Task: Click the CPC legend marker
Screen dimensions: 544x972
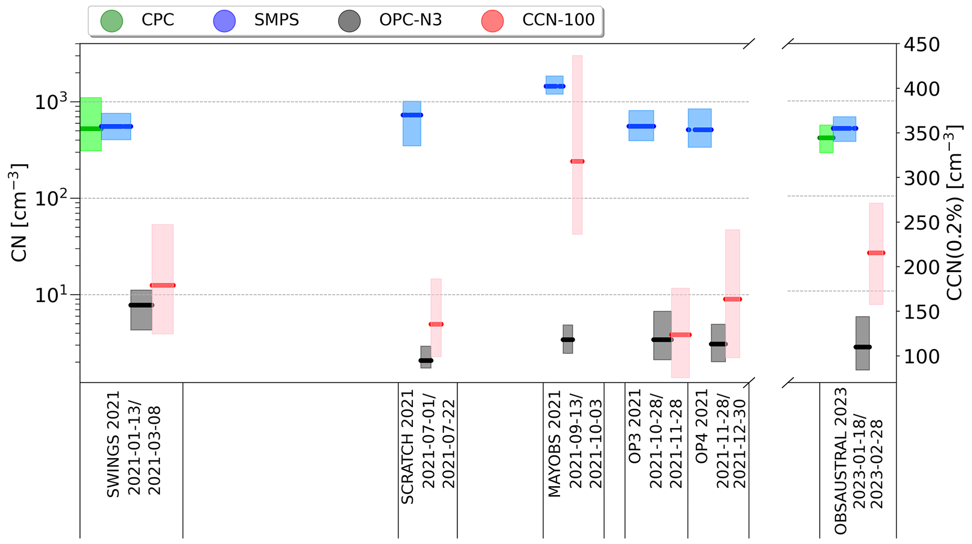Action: [x=111, y=21]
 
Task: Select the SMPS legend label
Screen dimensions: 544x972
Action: [x=276, y=20]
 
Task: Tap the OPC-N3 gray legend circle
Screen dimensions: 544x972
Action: [x=349, y=21]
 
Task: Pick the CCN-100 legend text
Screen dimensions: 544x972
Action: [x=558, y=20]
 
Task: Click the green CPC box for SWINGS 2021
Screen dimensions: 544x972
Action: [x=91, y=113]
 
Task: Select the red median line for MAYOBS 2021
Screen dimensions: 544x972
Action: [x=577, y=162]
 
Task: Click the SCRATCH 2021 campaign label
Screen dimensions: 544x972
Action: [x=407, y=447]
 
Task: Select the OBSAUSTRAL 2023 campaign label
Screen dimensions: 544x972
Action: [x=841, y=461]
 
